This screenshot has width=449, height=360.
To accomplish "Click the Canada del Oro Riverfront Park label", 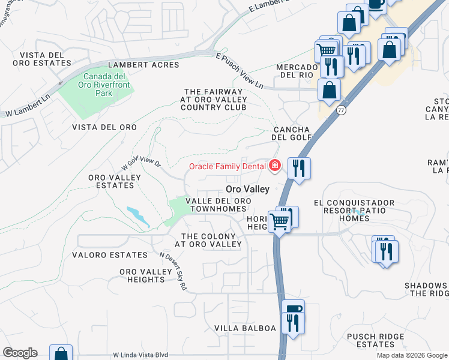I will point(104,85).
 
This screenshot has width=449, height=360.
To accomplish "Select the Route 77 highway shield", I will point(341,110).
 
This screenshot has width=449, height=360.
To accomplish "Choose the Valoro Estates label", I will point(109,255).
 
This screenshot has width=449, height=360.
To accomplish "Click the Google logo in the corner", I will point(20,353).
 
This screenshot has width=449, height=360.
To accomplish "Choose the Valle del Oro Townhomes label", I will point(216,205).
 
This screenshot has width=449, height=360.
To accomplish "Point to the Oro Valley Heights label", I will point(146,276).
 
